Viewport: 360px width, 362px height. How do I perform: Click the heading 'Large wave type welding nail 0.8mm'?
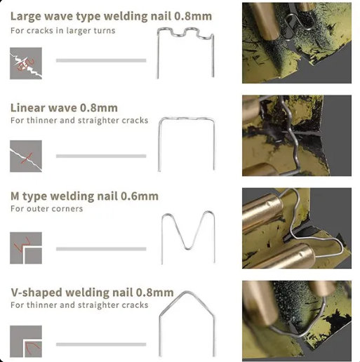coord(111,16)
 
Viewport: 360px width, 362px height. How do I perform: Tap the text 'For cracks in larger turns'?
coord(63,31)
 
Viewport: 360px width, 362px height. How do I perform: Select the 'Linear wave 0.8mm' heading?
coord(64,108)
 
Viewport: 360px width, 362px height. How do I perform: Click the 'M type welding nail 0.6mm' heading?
coord(84,196)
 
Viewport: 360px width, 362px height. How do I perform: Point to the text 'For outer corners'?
coord(47,208)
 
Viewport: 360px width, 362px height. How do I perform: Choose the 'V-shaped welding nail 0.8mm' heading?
coord(92,293)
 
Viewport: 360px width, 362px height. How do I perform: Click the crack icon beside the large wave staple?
coord(26,63)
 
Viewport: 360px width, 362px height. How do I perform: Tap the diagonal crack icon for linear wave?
coord(26,156)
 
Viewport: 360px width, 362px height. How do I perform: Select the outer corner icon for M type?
coord(26,248)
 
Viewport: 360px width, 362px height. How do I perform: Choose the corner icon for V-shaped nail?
coord(26,341)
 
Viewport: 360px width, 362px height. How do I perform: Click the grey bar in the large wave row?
coord(101,60)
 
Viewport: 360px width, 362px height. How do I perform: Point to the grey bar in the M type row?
coord(101,249)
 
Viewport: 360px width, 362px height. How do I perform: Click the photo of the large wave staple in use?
coord(297,43)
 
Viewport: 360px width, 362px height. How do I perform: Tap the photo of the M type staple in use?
coord(297,228)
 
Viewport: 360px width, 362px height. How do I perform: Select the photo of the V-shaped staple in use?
coord(297,321)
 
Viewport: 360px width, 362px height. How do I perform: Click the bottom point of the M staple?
coord(187,248)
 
